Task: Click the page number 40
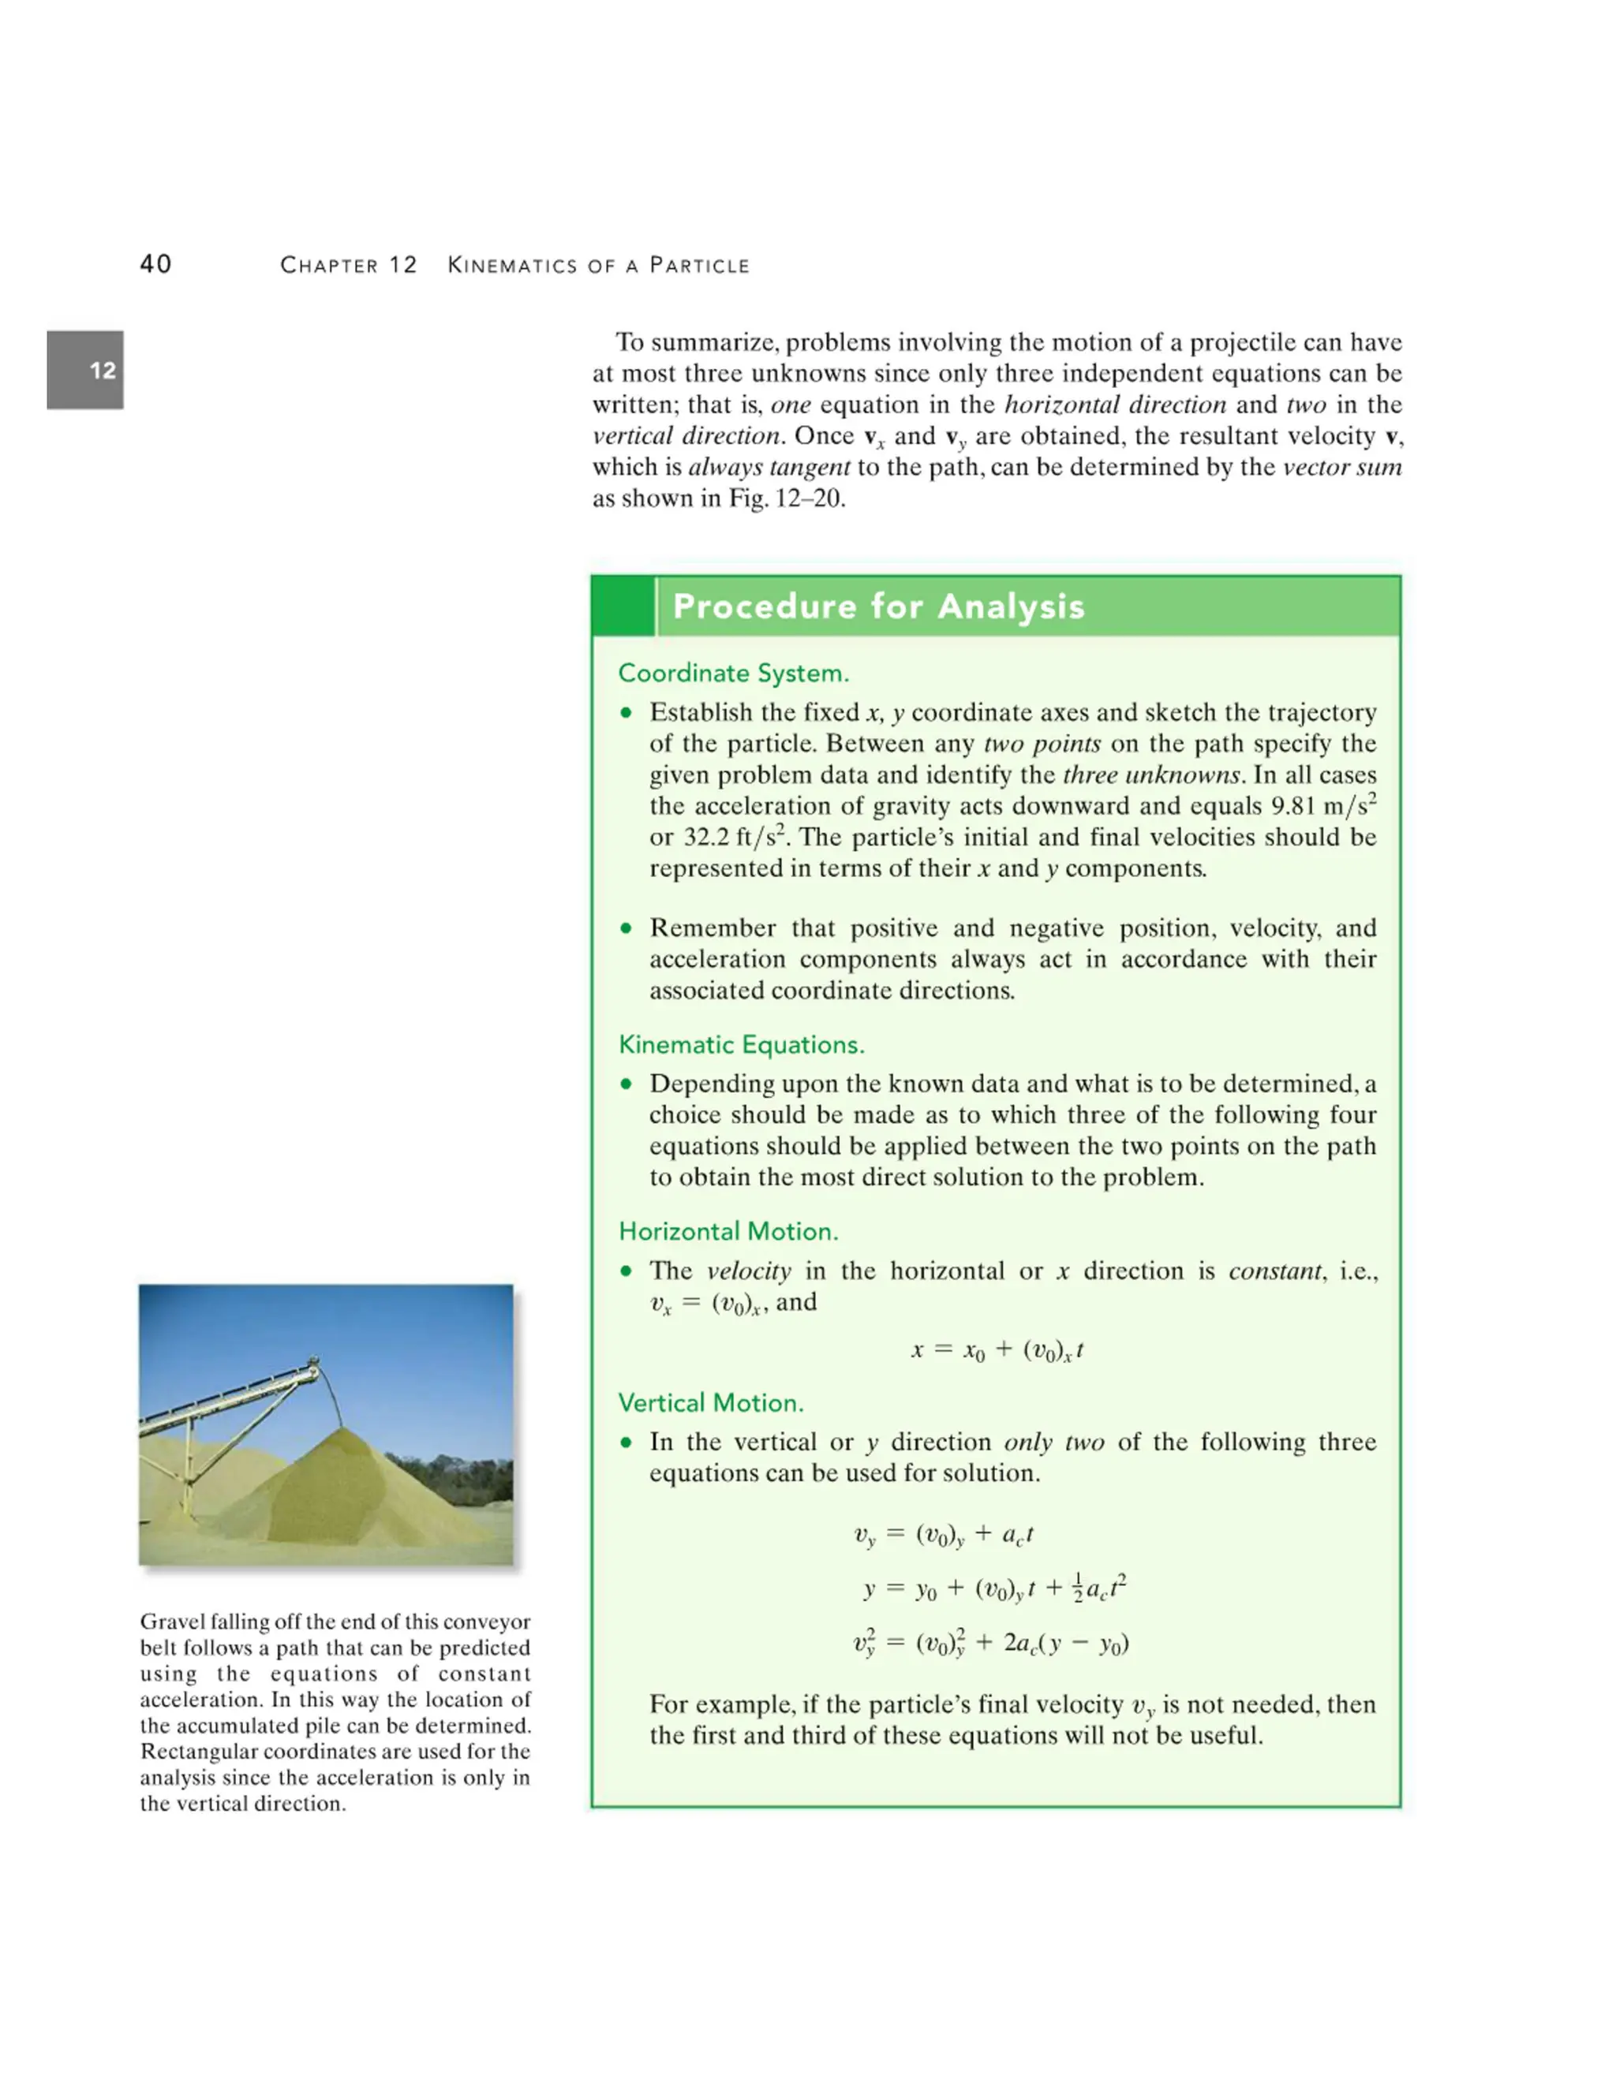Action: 155,264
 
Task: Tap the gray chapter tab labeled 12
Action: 85,371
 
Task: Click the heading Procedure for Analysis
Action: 878,606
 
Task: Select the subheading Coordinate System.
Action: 733,673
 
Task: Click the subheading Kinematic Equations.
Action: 741,1044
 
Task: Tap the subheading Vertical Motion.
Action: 710,1402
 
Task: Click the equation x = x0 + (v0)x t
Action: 997,1350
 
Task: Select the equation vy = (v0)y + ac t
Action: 943,1535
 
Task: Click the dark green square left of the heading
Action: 623,606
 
